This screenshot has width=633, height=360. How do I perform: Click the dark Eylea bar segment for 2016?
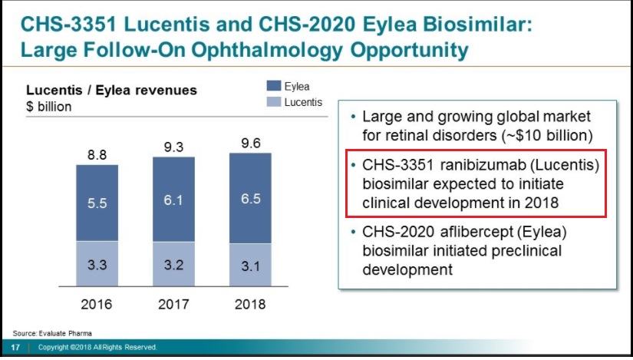point(97,203)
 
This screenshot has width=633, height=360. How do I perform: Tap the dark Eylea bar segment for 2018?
point(250,198)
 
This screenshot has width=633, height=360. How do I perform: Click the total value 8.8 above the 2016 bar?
point(97,154)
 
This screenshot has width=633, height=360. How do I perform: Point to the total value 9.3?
point(173,146)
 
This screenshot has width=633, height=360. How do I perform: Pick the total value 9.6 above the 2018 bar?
point(250,142)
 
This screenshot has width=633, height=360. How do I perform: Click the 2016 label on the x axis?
point(97,305)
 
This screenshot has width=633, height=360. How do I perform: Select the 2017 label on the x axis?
point(173,305)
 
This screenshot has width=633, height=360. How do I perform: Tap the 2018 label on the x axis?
point(250,305)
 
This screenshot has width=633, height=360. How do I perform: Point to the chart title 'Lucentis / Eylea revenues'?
point(112,91)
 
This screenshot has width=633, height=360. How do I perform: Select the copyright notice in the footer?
point(97,348)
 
